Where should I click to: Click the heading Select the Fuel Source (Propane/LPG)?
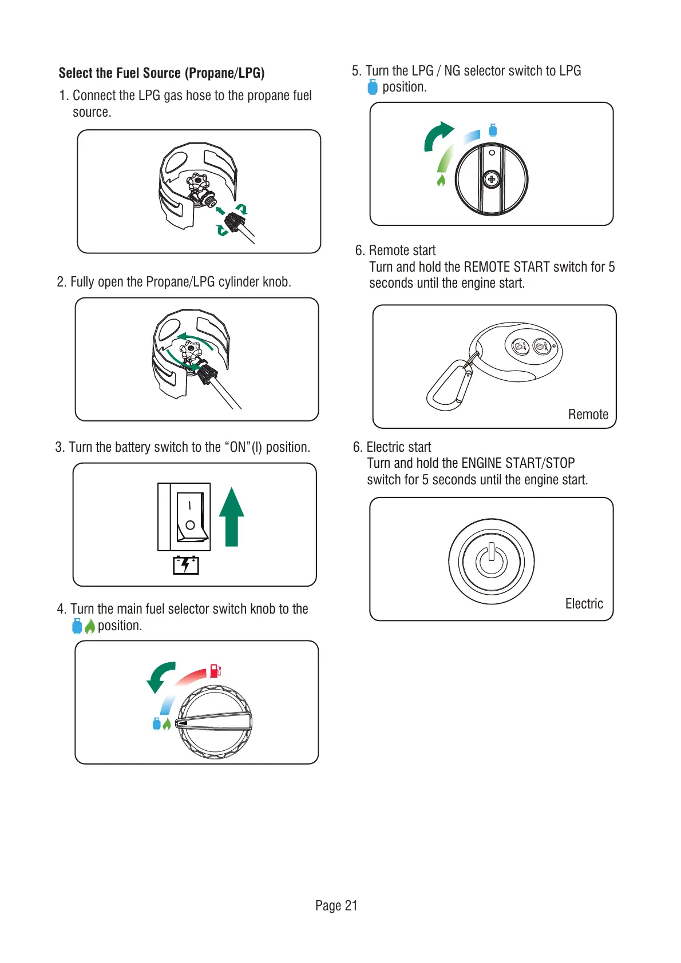(161, 73)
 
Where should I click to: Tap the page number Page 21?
(336, 905)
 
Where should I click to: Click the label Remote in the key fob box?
(588, 415)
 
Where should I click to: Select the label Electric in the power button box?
(584, 604)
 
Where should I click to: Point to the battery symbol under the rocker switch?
(186, 565)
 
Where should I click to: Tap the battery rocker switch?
(191, 516)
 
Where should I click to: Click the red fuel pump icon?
(215, 670)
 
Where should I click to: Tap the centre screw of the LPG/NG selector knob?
(491, 179)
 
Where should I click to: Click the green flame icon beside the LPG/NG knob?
(441, 181)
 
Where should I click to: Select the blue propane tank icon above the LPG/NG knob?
(493, 130)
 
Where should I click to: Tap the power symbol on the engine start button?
(492, 561)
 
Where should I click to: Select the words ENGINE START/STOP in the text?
(517, 463)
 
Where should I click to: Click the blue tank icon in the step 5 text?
(373, 87)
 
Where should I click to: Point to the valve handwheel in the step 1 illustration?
(198, 182)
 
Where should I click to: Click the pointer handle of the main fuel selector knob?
(214, 722)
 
